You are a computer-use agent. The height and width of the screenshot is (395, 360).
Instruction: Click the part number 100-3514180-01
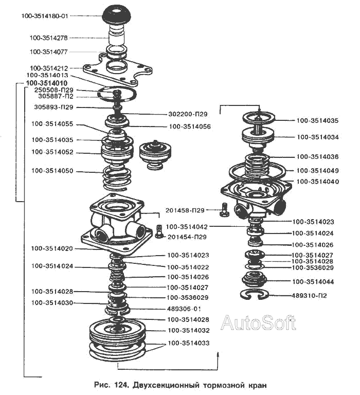pos(44,16)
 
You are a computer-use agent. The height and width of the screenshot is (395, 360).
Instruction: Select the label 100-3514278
pos(52,38)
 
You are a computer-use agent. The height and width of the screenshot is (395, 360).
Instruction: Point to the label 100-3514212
pos(52,68)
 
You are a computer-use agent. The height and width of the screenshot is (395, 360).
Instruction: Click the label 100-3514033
pos(188,343)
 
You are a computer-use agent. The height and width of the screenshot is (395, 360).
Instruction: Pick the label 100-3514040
pos(317,182)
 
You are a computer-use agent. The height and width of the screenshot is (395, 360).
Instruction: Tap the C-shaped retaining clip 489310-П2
pos(254,295)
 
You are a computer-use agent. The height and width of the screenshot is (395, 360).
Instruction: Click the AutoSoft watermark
pos(258,322)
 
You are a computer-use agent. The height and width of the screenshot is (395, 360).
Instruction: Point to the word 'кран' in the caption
pos(255,385)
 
